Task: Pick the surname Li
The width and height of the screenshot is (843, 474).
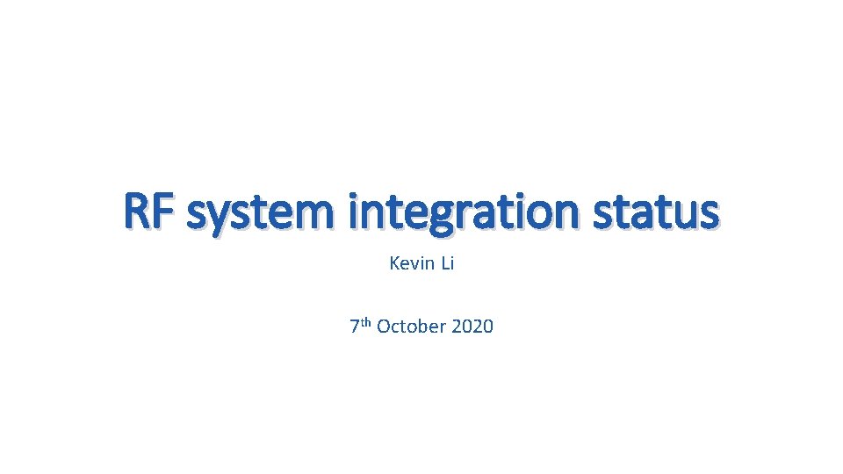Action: (445, 263)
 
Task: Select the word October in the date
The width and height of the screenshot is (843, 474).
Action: (412, 327)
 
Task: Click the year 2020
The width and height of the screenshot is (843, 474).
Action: (472, 327)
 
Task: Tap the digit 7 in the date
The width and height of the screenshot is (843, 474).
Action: (354, 327)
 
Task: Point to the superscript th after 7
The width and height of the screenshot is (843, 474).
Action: (366, 322)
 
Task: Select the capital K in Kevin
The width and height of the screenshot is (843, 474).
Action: (393, 263)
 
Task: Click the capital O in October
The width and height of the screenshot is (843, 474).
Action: (383, 327)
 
